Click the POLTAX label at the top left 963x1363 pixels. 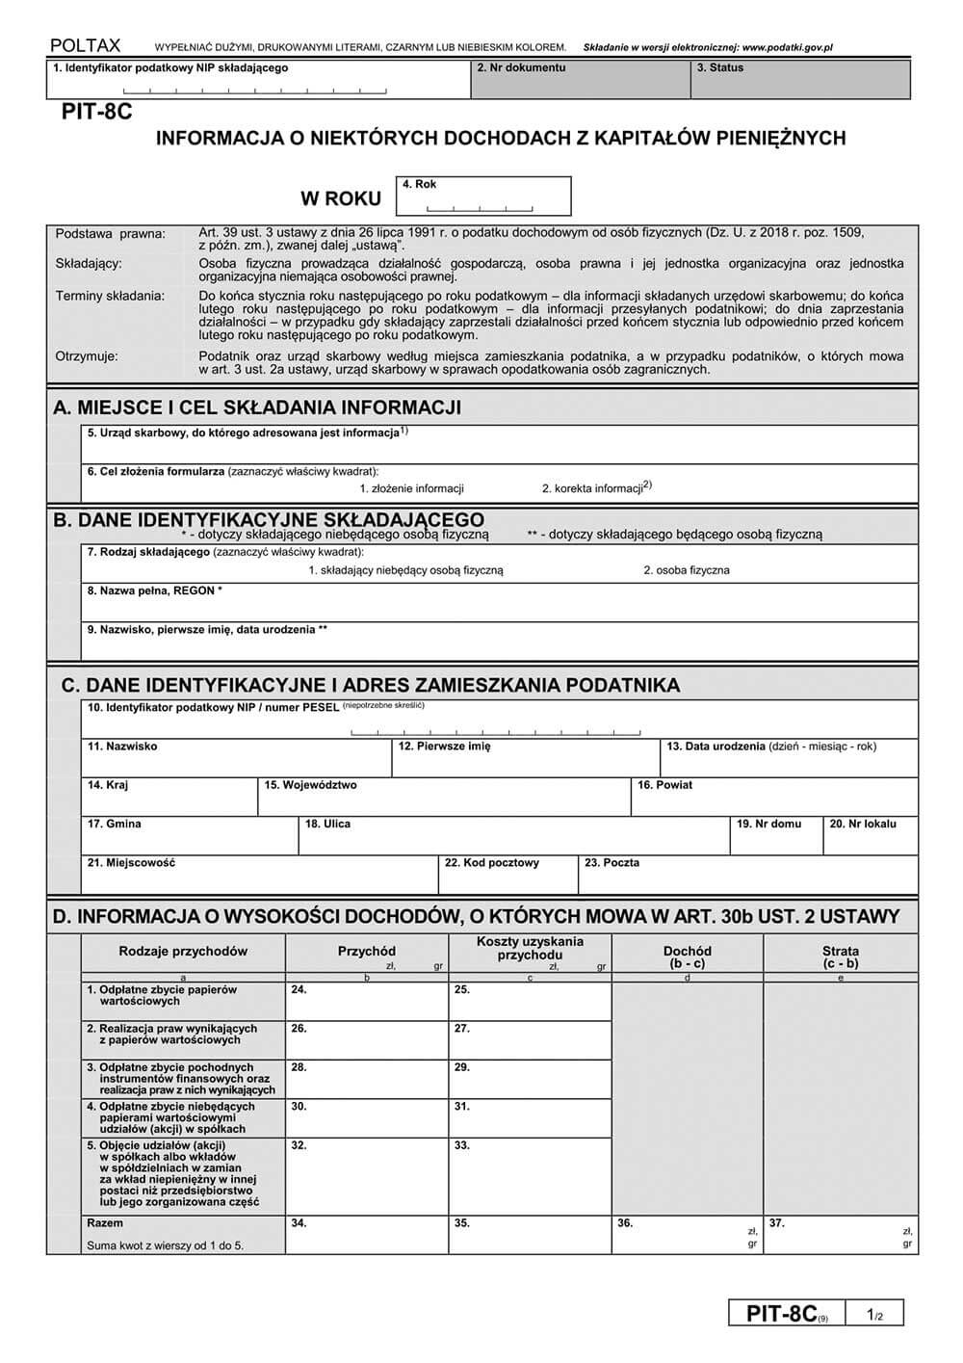[85, 45]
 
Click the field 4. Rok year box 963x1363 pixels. [482, 197]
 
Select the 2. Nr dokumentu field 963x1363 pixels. [580, 81]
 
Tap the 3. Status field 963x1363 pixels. [799, 81]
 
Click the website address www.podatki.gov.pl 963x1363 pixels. [788, 46]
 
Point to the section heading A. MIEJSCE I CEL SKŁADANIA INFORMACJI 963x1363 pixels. [258, 407]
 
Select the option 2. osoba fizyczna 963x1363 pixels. [686, 570]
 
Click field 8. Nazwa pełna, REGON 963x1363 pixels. [499, 603]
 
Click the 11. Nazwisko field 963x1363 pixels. [236, 759]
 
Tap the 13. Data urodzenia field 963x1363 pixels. [788, 759]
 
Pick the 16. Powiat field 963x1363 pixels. [773, 798]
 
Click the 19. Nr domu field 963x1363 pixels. [775, 836]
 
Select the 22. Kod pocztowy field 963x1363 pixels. [508, 876]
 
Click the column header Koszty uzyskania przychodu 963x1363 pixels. [530, 949]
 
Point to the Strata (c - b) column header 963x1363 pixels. [840, 957]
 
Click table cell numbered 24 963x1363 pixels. [366, 1002]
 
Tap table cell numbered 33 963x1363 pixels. [530, 1174]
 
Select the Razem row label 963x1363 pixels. [105, 1223]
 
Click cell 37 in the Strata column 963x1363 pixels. [840, 1234]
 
